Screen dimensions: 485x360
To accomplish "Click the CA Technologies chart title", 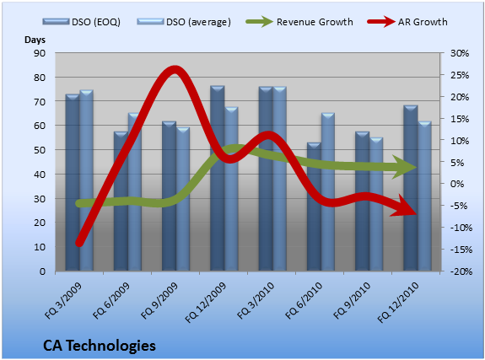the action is pos(100,346).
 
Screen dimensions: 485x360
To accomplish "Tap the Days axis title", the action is pos(35,40).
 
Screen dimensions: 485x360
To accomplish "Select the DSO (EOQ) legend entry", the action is pos(82,22).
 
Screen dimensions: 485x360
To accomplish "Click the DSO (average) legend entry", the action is pos(184,22).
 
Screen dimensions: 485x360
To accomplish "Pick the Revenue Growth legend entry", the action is pos(299,22).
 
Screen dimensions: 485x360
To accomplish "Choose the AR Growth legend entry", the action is pos(407,22).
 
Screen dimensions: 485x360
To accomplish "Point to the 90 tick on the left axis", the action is pos(40,53).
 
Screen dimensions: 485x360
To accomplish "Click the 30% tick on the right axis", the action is pos(460,53).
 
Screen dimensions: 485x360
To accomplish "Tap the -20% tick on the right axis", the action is pos(461,271).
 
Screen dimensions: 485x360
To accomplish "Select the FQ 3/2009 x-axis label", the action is pos(63,300).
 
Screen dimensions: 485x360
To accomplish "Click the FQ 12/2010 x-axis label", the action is pos(398,303).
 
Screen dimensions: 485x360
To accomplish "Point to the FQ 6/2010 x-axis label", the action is pos(304,300).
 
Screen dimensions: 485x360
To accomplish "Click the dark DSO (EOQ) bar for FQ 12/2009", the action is pos(217,179).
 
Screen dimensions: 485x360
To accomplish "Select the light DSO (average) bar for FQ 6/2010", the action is pos(328,192).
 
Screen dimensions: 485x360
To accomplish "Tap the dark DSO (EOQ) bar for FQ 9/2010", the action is pos(362,201).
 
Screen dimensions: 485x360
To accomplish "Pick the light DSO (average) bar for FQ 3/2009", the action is pos(86,180).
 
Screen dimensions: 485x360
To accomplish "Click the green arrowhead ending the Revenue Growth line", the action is pos(405,167).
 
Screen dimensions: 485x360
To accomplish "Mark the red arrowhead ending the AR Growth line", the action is pos(404,207).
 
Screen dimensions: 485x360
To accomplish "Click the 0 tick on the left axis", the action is pos(42,271).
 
